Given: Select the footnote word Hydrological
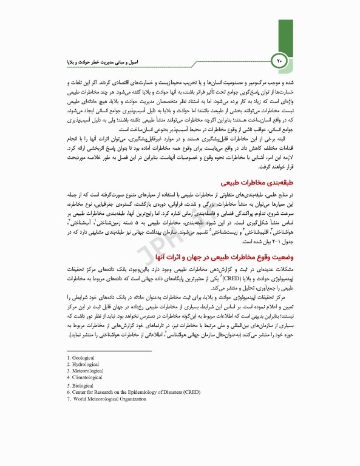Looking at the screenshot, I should pos(85,364).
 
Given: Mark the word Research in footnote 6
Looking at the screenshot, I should pos(105,392).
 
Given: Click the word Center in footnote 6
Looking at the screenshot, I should pos(79,392).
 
